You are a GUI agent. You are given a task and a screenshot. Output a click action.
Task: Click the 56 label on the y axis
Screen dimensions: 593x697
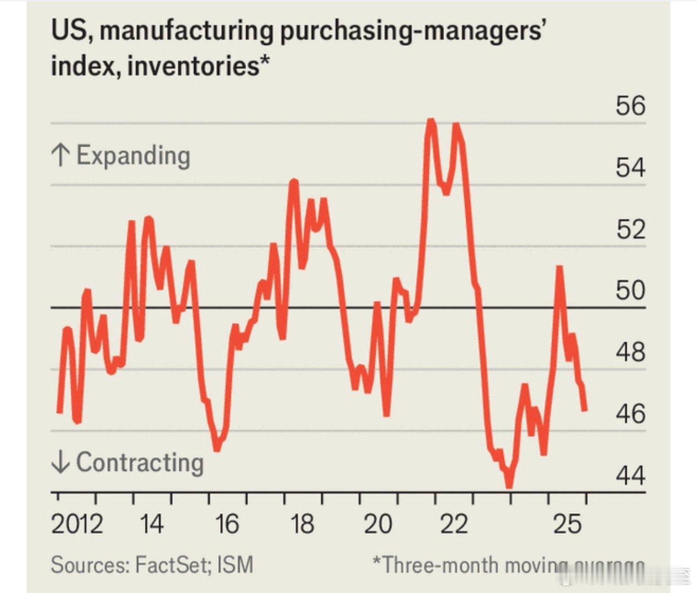coord(630,105)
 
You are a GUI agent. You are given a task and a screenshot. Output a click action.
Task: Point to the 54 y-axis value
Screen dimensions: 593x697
coord(630,167)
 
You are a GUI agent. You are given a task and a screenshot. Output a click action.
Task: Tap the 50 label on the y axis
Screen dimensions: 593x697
coord(630,290)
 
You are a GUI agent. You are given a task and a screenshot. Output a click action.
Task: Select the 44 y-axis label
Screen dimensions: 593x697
coord(630,475)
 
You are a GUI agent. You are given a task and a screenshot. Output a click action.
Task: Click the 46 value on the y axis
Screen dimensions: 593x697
coord(630,413)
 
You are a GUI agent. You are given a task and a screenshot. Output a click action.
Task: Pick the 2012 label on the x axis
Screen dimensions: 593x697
coord(77,524)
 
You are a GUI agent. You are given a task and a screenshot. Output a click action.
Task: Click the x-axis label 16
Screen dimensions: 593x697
coord(227,524)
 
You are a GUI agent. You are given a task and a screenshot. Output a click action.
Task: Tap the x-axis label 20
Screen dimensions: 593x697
coord(378,524)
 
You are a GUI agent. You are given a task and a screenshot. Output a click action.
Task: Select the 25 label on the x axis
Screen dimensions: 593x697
coord(568,524)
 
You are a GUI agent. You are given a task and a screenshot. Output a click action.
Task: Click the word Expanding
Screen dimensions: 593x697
coord(133,156)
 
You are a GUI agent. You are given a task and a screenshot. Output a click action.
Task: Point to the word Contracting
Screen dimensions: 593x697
coord(140,462)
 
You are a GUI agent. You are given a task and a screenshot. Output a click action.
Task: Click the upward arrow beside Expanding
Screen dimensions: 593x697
coord(60,156)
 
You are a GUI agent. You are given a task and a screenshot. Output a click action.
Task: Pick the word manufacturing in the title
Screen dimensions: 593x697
coord(186,30)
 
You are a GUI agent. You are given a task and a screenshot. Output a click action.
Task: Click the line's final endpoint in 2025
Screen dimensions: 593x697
coord(585,410)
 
